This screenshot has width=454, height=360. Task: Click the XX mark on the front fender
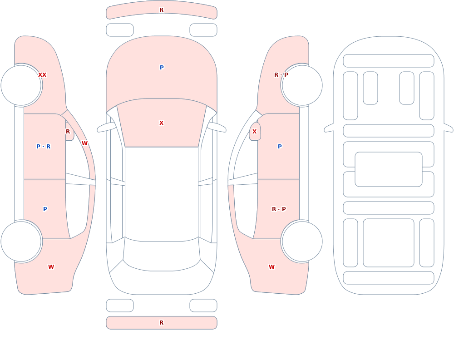click(x=42, y=75)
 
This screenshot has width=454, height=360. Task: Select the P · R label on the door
click(x=44, y=147)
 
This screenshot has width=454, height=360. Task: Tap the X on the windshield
click(x=162, y=123)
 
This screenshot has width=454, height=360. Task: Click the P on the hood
click(x=162, y=68)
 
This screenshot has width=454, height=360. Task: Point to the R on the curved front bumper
click(x=162, y=10)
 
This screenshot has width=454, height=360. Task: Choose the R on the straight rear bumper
click(x=162, y=323)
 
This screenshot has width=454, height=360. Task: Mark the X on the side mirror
click(x=255, y=132)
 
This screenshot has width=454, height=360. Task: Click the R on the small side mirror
click(x=68, y=132)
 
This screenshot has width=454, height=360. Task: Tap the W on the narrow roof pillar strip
click(x=84, y=143)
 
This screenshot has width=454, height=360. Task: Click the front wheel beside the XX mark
click(x=21, y=85)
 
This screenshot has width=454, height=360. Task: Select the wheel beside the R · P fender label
click(x=302, y=85)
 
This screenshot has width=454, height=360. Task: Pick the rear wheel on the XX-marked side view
click(x=21, y=241)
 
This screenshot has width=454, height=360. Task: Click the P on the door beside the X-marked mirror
click(x=280, y=147)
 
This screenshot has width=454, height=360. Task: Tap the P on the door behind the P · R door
click(x=45, y=209)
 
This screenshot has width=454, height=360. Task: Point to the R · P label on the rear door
click(x=279, y=209)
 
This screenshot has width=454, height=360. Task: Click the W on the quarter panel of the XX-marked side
click(x=51, y=267)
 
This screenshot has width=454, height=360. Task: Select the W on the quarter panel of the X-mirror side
click(x=271, y=267)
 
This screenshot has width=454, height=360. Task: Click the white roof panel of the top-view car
click(x=162, y=193)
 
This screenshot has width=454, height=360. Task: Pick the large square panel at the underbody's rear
click(x=389, y=243)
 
